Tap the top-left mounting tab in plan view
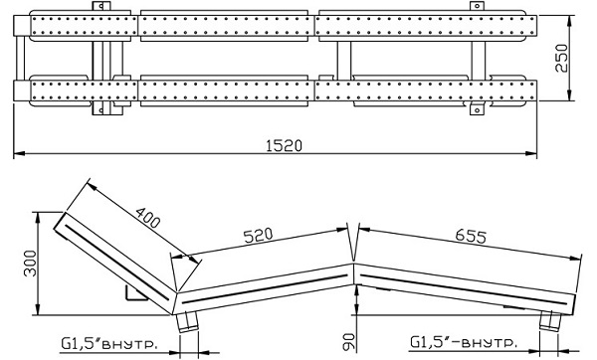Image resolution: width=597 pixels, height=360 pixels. [100, 6]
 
